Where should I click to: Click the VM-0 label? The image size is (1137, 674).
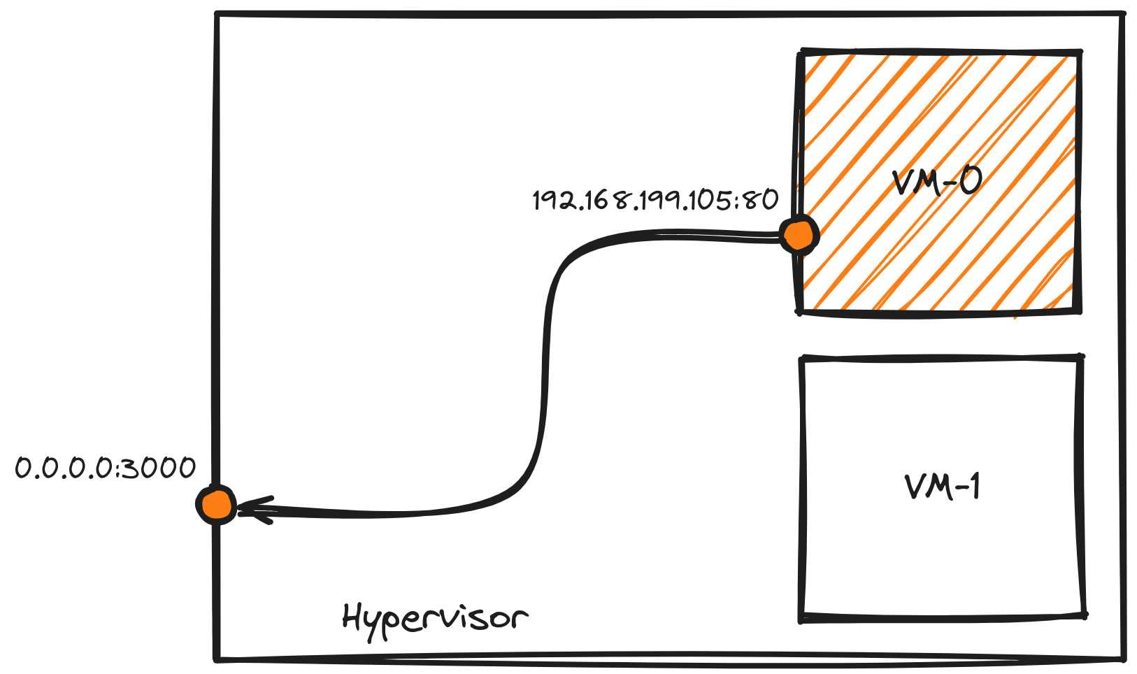pos(937,182)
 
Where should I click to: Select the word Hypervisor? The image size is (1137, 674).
pos(434,619)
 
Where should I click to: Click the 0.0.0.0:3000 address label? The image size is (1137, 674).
pos(105,468)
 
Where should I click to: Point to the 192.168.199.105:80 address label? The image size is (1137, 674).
pos(655,201)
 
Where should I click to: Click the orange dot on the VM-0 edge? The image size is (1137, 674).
pos(798,235)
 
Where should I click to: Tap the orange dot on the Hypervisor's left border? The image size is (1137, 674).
pos(216,504)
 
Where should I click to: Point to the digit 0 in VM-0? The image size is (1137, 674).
pos(969,180)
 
